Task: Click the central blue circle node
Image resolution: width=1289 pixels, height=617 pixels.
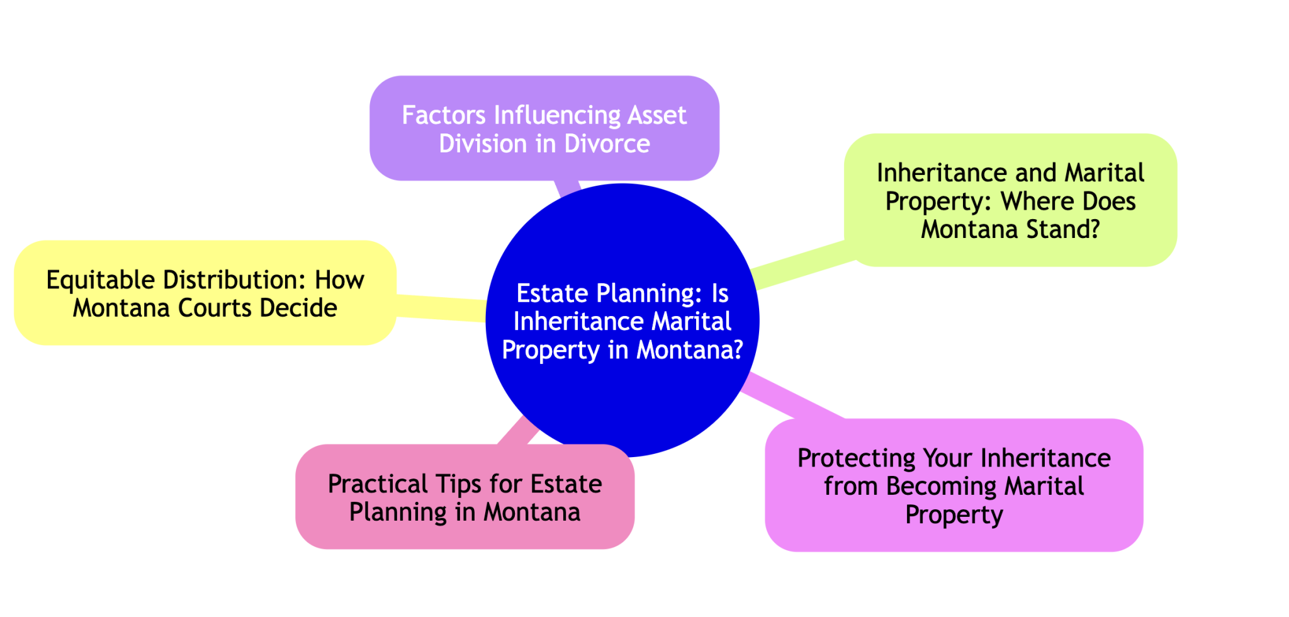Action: point(622,320)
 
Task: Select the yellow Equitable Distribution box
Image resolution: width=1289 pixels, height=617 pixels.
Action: point(205,293)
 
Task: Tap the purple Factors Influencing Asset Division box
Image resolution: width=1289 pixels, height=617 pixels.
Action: point(544,128)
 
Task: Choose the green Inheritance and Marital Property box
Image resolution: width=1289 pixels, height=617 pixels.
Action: point(1010,200)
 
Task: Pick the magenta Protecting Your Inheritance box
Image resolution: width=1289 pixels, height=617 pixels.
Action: point(954,485)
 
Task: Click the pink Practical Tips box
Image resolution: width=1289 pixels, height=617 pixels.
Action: point(465,497)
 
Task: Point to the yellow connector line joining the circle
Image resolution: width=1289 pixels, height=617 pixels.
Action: point(441,308)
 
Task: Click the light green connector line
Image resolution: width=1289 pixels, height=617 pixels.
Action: point(802,265)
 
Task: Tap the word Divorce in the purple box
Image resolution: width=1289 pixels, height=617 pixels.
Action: point(607,144)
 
